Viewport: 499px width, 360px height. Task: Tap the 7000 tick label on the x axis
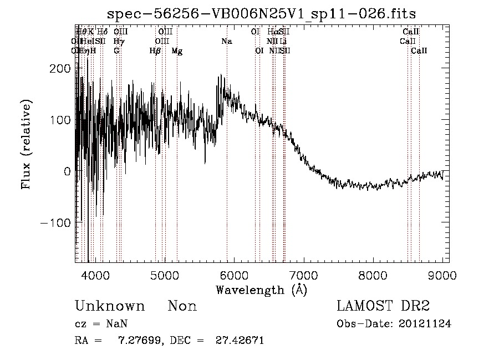[x=303, y=275]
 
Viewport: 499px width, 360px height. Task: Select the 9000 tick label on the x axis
[x=442, y=275]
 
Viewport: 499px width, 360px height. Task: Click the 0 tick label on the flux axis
[x=67, y=171]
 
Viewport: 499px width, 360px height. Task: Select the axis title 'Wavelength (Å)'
[x=261, y=290]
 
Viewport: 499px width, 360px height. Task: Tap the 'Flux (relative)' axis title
[x=26, y=144]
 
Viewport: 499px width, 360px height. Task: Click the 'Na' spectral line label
[x=226, y=42]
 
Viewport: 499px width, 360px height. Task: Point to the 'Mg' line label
[x=177, y=51]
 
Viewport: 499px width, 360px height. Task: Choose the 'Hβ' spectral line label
[x=155, y=51]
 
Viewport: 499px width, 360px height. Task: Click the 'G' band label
[x=116, y=51]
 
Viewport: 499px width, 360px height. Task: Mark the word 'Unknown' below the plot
[x=109, y=306]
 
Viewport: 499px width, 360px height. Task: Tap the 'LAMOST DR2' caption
[x=383, y=306]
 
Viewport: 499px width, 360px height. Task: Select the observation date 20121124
[x=425, y=324]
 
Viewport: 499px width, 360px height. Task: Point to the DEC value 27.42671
[x=239, y=340]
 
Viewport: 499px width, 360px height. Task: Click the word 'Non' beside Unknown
[x=182, y=306]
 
